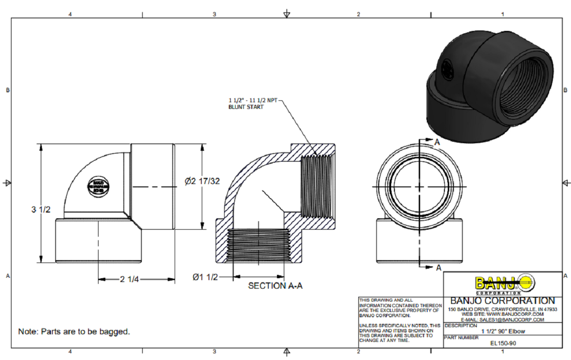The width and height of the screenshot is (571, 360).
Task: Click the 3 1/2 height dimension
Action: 41,209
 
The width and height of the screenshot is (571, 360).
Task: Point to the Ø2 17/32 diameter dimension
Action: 202,181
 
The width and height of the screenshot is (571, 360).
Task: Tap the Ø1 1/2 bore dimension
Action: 206,277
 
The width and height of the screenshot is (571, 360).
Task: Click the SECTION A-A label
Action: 275,286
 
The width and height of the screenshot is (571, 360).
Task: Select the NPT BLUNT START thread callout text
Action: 252,104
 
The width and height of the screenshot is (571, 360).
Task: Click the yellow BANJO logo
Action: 504,284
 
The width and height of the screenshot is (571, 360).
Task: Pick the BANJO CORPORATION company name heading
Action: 502,301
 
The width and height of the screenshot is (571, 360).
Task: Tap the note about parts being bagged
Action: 74,331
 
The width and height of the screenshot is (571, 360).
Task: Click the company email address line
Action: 502,320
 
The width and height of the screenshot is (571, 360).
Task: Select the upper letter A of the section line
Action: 437,142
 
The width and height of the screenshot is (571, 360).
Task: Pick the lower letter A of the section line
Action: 438,268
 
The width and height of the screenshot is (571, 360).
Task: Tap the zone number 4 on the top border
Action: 70,14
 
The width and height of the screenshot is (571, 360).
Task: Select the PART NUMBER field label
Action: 462,337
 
